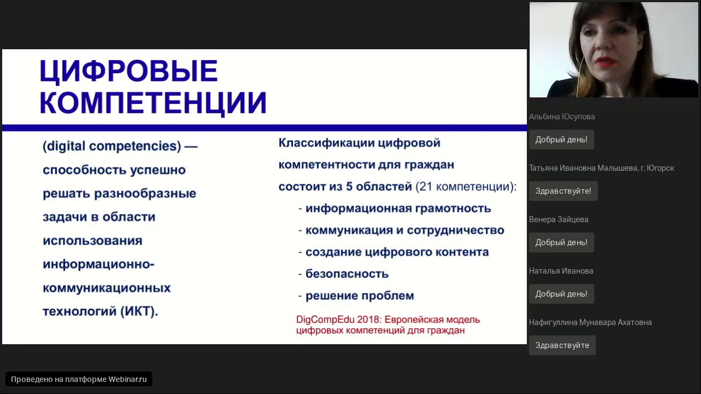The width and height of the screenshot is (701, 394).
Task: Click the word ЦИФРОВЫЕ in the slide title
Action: pos(128,71)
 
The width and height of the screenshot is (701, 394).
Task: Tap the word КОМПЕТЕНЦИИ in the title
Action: pos(153,103)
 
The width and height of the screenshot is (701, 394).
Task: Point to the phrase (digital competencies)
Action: pos(112,146)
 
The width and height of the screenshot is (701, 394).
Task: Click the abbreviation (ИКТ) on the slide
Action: pos(139,311)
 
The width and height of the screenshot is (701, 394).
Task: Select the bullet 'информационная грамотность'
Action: pos(398,208)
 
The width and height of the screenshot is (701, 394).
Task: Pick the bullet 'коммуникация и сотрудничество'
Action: pos(405,230)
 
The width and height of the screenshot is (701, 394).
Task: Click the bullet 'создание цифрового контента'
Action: pos(397,252)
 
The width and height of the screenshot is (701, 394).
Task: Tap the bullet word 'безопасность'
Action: pos(347,274)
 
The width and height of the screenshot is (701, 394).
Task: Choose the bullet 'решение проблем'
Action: pos(360,296)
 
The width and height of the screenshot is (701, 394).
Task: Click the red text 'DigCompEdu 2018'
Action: pos(337,320)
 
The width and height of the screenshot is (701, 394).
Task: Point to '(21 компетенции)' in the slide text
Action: pos(464,187)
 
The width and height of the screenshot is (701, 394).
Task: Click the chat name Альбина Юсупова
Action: pos(562,117)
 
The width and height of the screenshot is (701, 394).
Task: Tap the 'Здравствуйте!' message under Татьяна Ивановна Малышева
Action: pos(564,191)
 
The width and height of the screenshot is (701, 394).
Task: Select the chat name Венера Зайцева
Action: pos(558,219)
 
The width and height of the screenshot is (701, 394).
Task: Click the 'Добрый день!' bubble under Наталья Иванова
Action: pos(561,294)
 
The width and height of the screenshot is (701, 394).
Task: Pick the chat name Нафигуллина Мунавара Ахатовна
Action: pos(590,322)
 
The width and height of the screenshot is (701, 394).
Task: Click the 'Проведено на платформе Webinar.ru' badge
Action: pos(78,379)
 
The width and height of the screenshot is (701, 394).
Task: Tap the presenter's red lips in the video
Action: pos(605,62)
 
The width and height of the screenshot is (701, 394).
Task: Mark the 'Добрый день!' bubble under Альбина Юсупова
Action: pos(561,139)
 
